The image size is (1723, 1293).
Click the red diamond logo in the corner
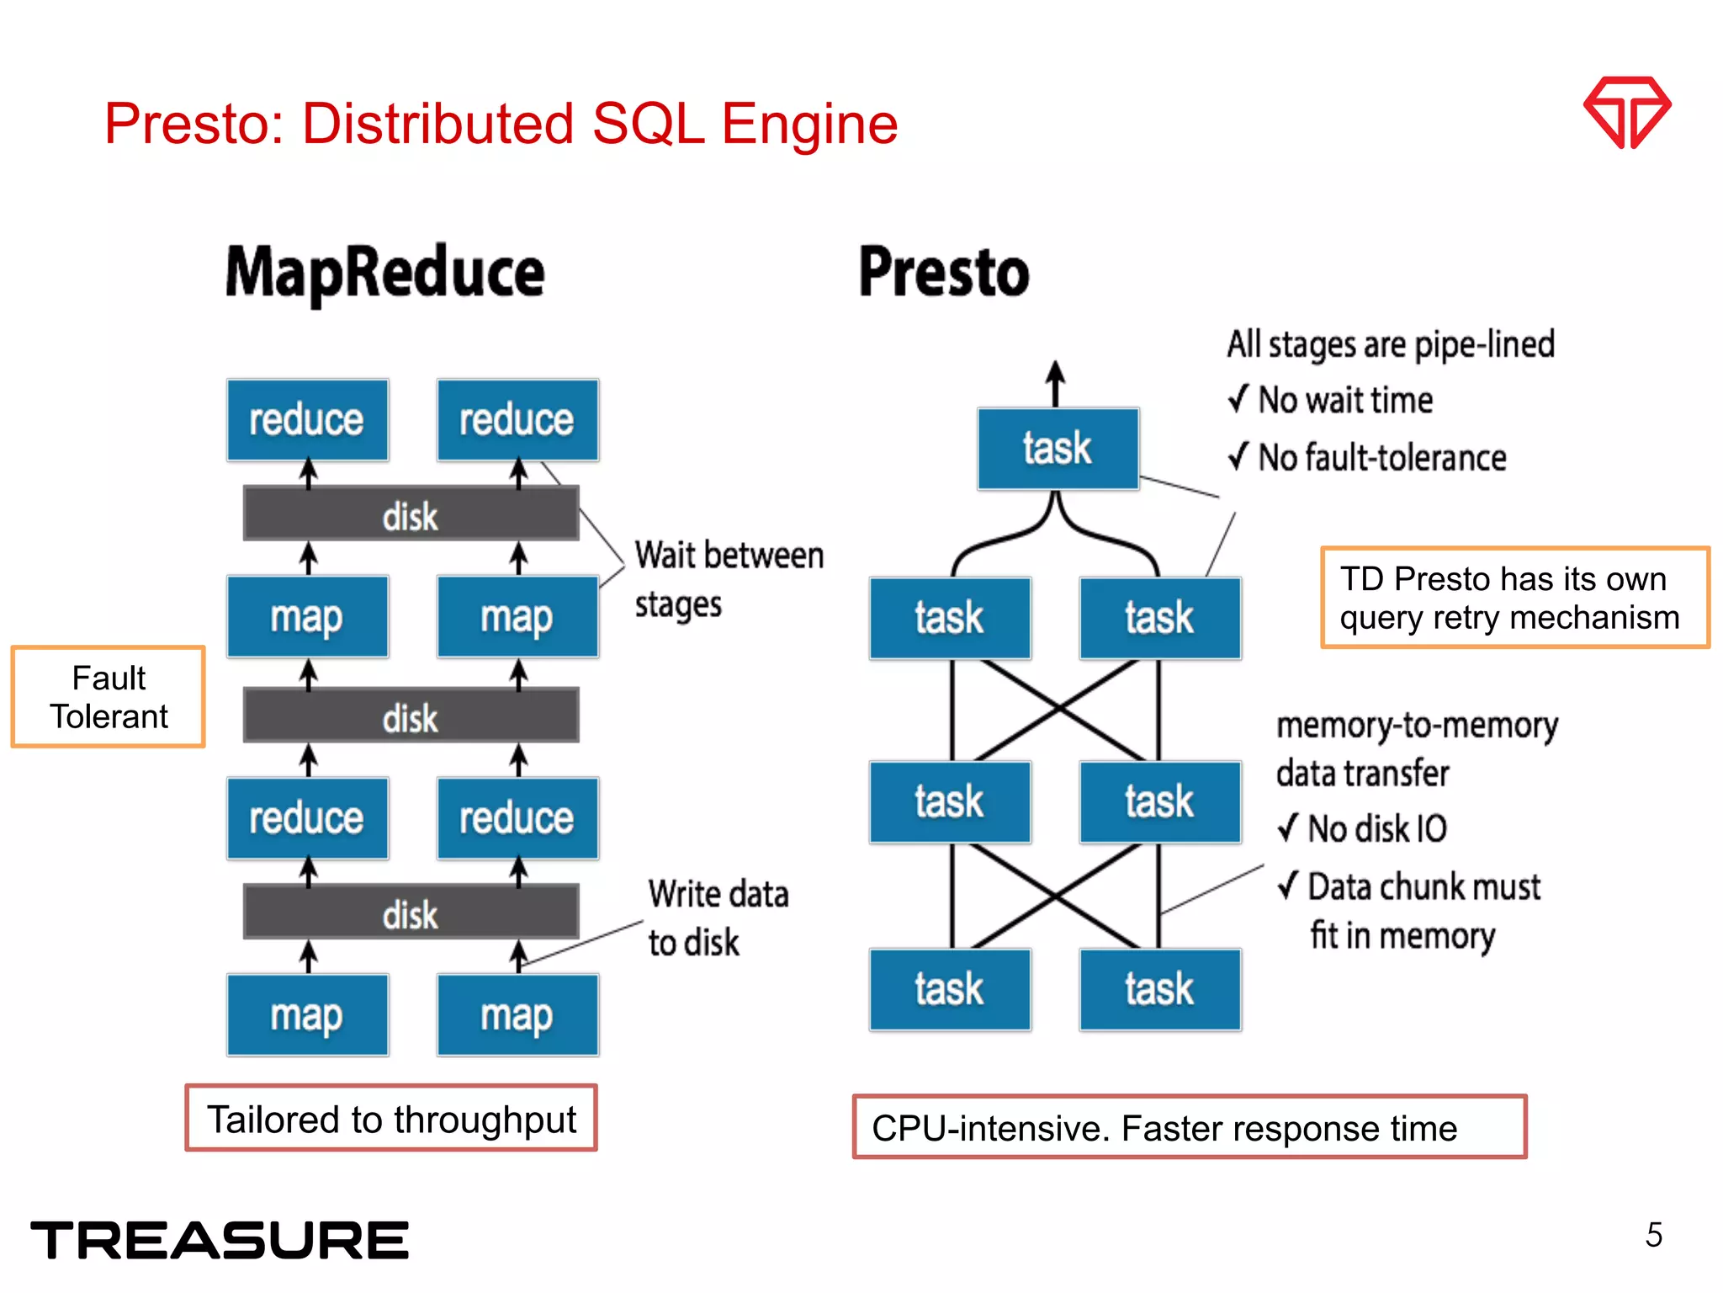click(x=1626, y=112)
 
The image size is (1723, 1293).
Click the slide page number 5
click(x=1653, y=1235)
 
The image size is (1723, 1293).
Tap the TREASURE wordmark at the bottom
click(x=220, y=1240)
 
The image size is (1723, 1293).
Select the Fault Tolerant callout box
click(x=109, y=697)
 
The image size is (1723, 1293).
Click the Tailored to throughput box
click(x=391, y=1119)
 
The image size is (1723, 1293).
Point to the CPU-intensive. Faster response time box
click(x=1189, y=1128)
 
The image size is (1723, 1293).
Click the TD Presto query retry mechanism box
click(x=1514, y=598)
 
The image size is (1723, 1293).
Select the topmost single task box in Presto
click(x=1058, y=449)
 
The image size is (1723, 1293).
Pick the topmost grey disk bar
click(x=411, y=514)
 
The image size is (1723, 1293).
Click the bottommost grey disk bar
click(x=411, y=913)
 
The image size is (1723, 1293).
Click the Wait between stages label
click(x=728, y=579)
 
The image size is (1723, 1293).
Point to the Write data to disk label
click(x=717, y=918)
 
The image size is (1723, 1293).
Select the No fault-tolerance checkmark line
click(x=1367, y=458)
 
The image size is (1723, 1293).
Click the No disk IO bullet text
click(x=1363, y=829)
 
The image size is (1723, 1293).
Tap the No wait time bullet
click(x=1331, y=400)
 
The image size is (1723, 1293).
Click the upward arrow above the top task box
click(x=1055, y=384)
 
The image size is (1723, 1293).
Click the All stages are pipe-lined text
click(x=1390, y=345)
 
